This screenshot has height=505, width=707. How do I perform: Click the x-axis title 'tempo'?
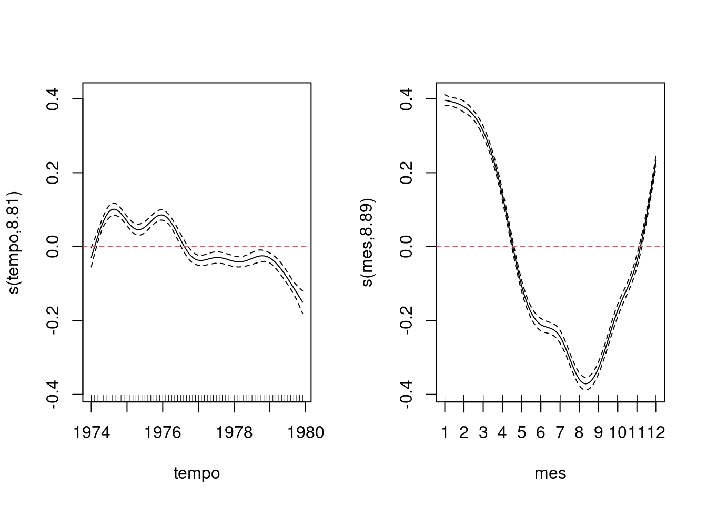[197, 473]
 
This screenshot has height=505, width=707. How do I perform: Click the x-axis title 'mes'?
[550, 473]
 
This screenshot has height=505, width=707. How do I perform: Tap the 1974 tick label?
[92, 433]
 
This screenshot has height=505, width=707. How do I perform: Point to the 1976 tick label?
[163, 433]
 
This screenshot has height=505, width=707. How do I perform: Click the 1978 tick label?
[234, 433]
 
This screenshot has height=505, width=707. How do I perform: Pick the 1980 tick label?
[305, 433]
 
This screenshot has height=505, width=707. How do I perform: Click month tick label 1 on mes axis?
[445, 433]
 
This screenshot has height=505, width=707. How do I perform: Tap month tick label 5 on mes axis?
[522, 433]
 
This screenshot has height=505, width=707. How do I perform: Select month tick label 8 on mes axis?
[579, 433]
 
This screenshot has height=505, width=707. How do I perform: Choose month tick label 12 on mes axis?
[656, 433]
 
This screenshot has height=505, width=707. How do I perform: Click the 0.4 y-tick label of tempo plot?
[53, 99]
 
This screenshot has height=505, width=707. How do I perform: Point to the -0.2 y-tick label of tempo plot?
[53, 320]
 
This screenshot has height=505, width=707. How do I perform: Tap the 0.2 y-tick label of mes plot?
[406, 173]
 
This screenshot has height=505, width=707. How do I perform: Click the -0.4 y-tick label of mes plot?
[406, 394]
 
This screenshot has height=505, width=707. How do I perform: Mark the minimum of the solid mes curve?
[586, 383]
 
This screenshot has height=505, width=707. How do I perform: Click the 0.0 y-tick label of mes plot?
[406, 247]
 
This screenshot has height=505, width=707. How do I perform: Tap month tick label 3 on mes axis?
[483, 433]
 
